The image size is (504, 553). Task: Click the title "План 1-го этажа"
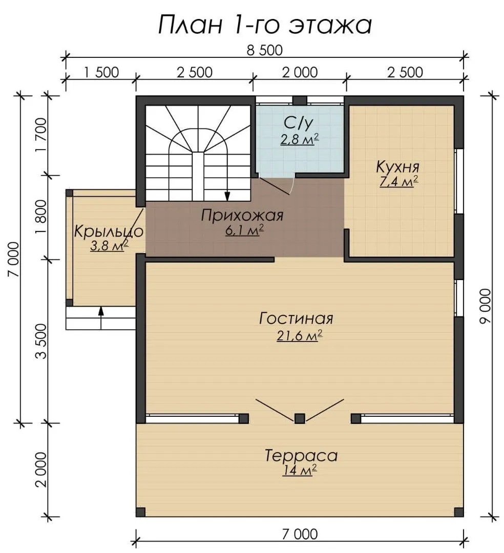[x=265, y=25]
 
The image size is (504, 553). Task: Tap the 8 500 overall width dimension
[x=265, y=50]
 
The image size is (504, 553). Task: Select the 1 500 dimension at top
[x=101, y=72]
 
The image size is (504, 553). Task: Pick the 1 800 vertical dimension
[x=41, y=217]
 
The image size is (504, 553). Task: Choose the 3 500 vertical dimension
[x=41, y=341]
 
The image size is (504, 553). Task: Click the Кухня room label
[x=398, y=166]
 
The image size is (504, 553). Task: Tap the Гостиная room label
[x=296, y=318]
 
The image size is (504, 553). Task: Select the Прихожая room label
[x=242, y=215]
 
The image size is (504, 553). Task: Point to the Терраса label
[x=301, y=455]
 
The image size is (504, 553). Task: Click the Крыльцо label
[x=109, y=232]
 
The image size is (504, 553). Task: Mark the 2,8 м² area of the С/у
[x=300, y=139]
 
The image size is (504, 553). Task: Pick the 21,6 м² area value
[x=300, y=335]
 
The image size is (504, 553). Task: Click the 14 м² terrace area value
[x=300, y=470]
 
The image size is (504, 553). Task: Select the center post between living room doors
[x=300, y=419]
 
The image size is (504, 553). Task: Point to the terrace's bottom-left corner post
[x=141, y=512]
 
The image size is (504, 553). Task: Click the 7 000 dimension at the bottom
[x=300, y=534]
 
